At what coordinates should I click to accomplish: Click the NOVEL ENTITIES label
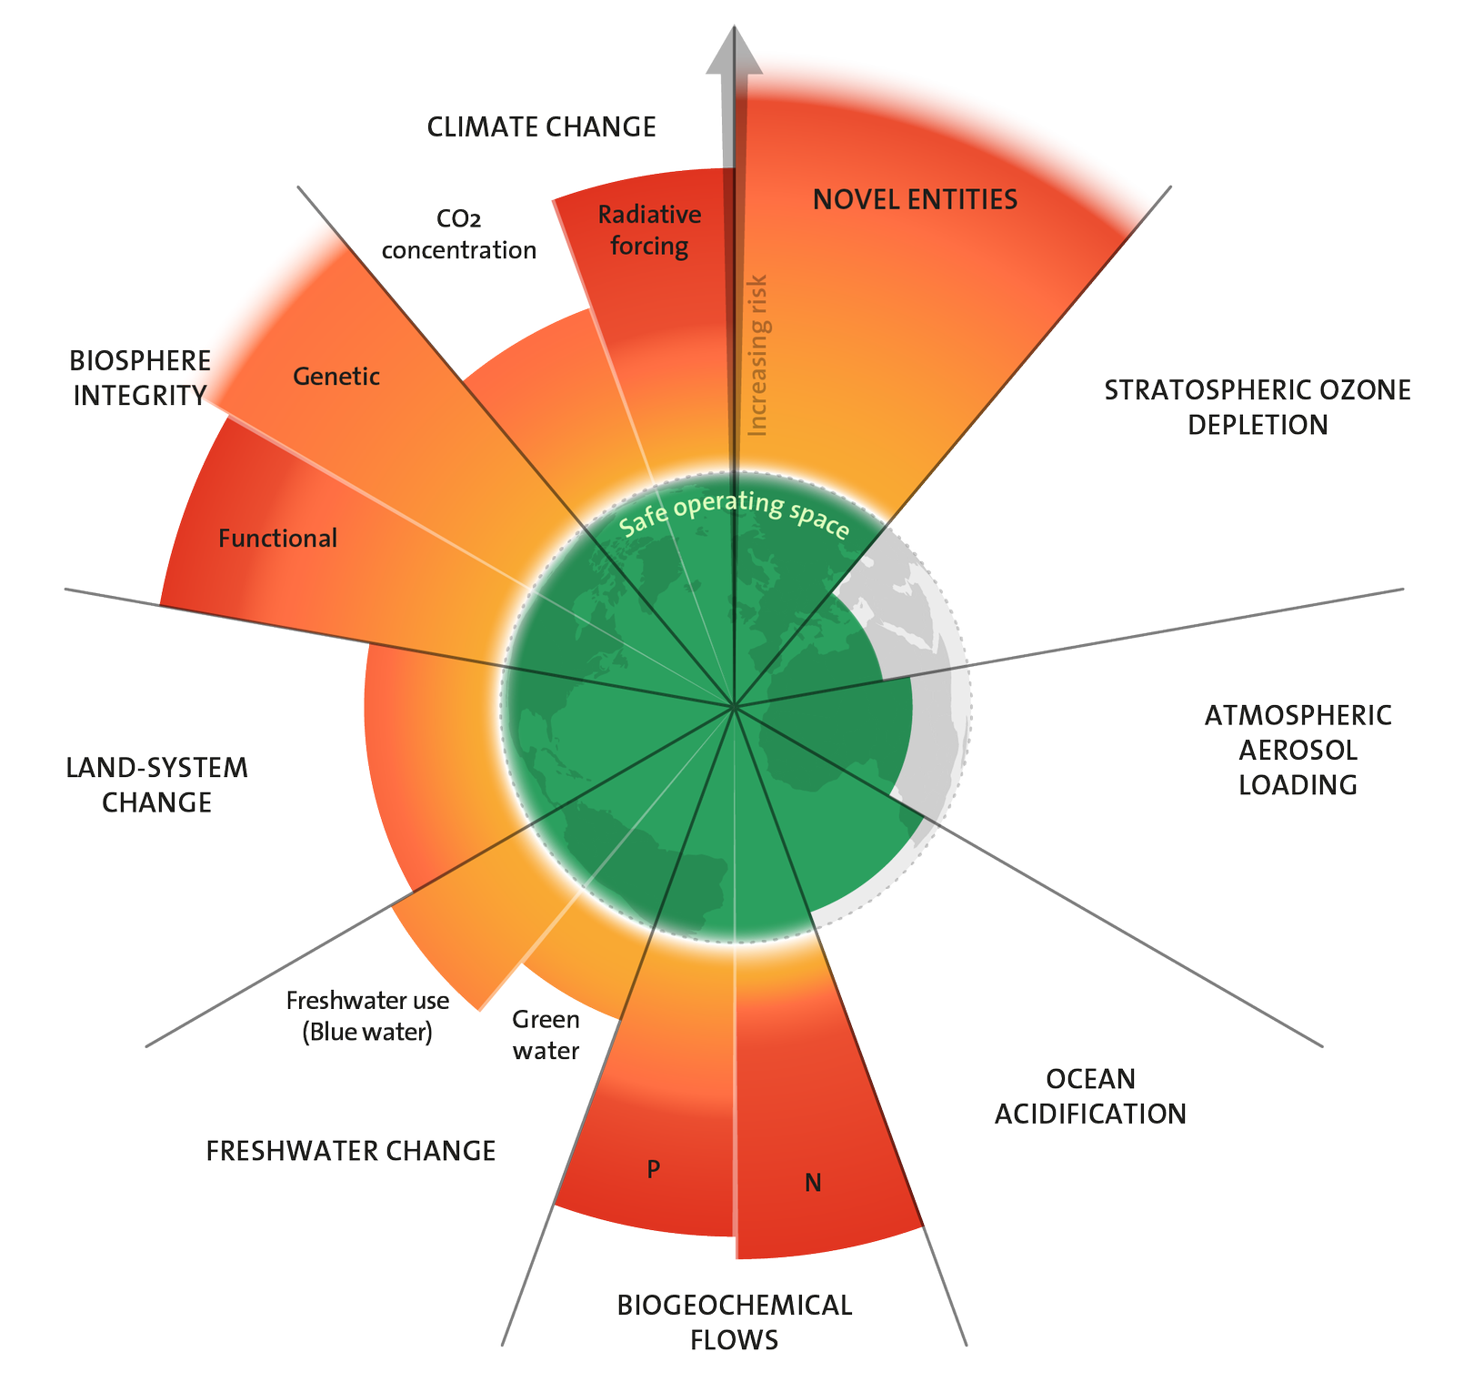[x=915, y=199]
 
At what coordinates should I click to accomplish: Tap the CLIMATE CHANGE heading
[x=542, y=127]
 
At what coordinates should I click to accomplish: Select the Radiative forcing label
[x=649, y=230]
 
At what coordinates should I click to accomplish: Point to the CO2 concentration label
[x=458, y=235]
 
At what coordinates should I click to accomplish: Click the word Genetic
[x=336, y=376]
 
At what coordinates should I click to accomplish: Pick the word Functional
[x=277, y=538]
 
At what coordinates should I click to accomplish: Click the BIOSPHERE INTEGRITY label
[x=140, y=378]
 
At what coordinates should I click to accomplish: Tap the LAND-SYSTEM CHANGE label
[x=157, y=785]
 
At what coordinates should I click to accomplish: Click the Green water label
[x=546, y=1035]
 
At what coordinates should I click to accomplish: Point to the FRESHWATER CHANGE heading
[x=351, y=1151]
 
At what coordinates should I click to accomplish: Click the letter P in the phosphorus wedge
[x=653, y=1169]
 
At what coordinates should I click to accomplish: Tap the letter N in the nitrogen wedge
[x=813, y=1183]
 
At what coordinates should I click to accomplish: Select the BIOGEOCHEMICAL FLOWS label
[x=735, y=1322]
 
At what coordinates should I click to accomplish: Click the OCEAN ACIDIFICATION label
[x=1090, y=1096]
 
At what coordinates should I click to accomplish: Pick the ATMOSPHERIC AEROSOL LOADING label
[x=1298, y=750]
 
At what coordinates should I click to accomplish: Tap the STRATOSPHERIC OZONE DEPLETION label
[x=1258, y=407]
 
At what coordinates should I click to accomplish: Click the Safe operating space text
[x=734, y=513]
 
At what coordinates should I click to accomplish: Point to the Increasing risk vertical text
[x=757, y=355]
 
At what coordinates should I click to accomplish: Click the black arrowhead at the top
[x=733, y=50]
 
